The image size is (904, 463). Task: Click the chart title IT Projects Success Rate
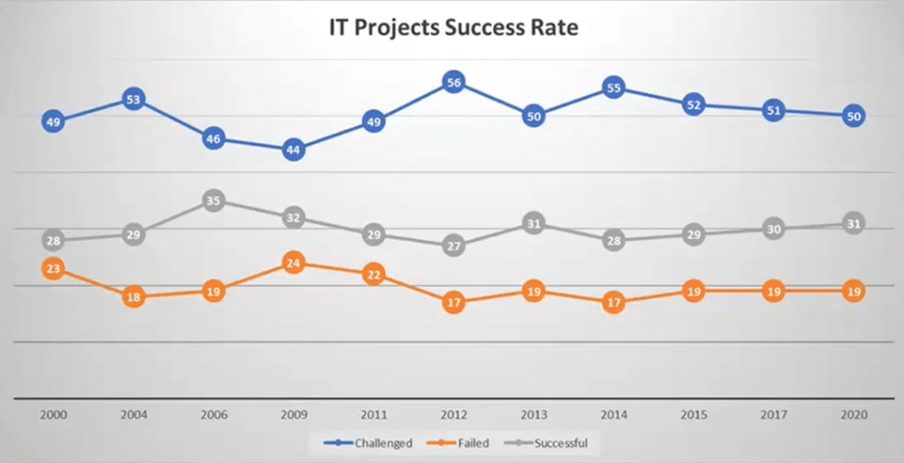452,28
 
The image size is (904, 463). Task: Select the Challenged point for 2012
453,82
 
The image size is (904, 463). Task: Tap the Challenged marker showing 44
293,150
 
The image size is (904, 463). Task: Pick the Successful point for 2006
213,201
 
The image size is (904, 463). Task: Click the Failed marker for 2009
293,263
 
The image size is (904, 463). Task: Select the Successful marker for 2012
453,246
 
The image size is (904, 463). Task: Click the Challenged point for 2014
614,88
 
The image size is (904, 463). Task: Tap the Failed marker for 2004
134,297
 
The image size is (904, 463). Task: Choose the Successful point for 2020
853,224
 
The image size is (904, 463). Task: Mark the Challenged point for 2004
134,99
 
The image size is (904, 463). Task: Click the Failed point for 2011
373,274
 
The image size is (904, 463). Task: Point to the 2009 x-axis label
293,414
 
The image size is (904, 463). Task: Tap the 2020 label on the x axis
853,414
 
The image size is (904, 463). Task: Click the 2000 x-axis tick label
53,414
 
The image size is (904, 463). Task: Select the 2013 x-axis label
532,414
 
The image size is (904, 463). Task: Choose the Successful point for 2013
532,224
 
